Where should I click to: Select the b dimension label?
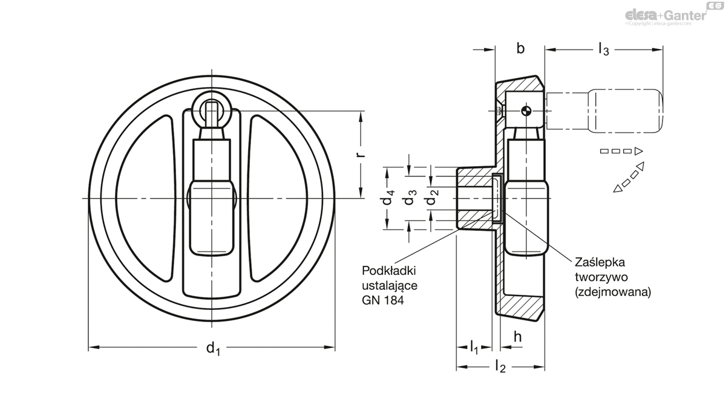[520, 49]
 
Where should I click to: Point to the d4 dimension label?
[388, 198]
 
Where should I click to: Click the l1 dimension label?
[474, 347]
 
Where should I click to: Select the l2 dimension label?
[500, 366]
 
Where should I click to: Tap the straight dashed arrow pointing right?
[621, 150]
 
